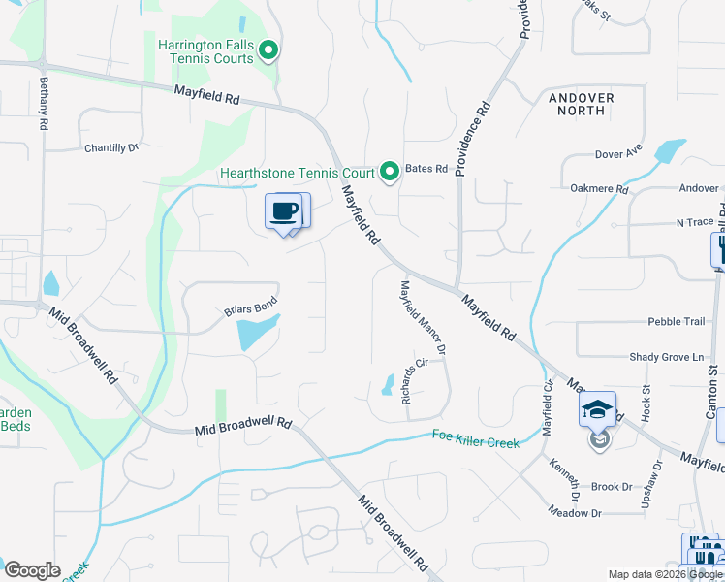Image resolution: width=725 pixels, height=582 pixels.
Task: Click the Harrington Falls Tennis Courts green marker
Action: [270, 51]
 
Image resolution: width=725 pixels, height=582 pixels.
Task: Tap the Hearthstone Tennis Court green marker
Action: [390, 173]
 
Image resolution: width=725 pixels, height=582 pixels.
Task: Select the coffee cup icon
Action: [283, 212]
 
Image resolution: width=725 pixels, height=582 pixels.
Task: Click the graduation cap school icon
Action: [597, 410]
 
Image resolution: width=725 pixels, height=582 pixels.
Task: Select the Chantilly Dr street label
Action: [111, 147]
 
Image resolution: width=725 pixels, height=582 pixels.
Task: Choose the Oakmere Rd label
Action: [600, 189]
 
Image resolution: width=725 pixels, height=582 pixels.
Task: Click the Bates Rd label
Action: [426, 169]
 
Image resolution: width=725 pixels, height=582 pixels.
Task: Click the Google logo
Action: [32, 570]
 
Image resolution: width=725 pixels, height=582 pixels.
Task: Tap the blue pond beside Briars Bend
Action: [258, 333]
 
